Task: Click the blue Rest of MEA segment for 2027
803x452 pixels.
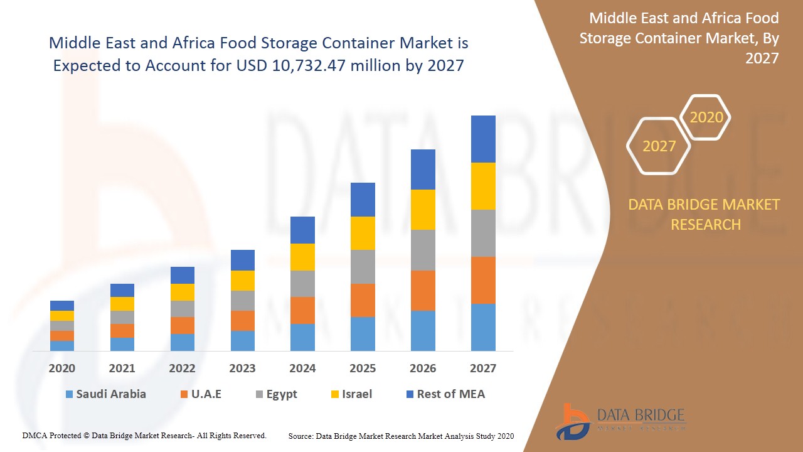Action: point(483,139)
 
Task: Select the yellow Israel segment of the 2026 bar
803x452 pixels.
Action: point(423,210)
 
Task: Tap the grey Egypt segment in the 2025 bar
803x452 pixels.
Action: point(363,267)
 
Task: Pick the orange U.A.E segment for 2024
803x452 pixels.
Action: point(302,310)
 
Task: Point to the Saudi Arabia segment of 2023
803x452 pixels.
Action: point(243,340)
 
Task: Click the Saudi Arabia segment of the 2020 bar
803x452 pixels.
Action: point(62,345)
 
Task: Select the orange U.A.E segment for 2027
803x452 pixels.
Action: point(483,280)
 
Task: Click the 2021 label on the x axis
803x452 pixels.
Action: point(122,369)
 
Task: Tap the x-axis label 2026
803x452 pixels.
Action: point(423,369)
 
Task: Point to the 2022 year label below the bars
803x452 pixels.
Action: point(182,369)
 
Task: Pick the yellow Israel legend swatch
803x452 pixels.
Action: point(336,395)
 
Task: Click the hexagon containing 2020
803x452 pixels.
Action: point(706,117)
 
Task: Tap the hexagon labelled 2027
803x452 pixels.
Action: point(659,146)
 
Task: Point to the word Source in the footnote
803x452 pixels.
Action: point(301,436)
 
